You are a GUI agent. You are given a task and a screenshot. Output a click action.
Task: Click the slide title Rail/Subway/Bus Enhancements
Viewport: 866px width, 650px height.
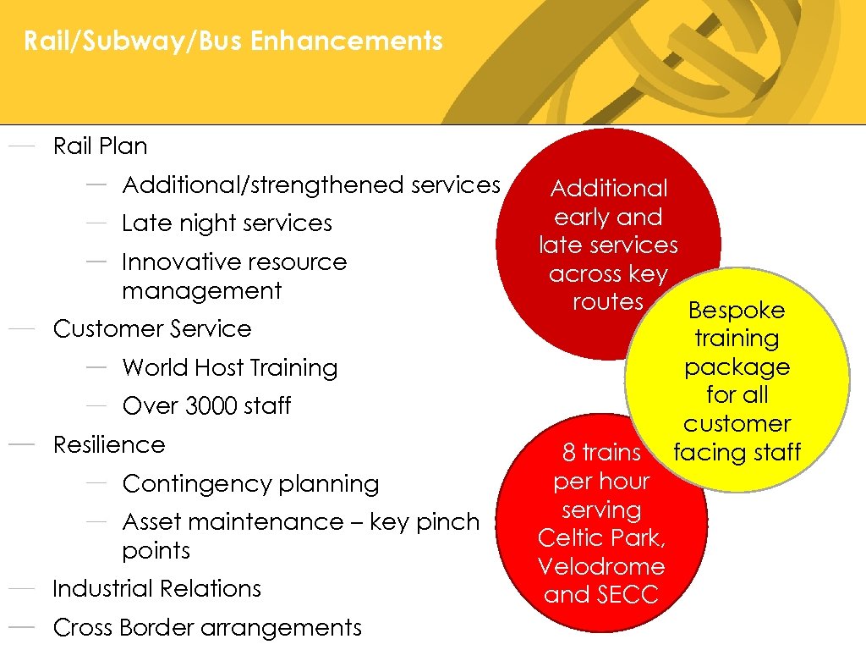pos(233,41)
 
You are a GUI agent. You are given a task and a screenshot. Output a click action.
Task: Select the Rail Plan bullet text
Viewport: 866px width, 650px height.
pos(100,146)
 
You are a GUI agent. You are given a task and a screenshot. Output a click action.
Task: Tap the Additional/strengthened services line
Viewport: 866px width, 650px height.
pos(311,185)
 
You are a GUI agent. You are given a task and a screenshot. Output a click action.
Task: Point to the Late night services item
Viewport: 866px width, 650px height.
pos(227,223)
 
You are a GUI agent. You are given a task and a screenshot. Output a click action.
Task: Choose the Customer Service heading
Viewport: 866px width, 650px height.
pos(152,328)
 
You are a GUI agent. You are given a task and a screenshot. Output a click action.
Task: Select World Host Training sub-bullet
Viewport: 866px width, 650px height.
pos(229,367)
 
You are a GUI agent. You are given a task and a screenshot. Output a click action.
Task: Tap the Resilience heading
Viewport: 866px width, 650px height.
pos(109,444)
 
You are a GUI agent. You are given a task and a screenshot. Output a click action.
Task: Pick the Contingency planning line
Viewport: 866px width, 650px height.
pos(250,484)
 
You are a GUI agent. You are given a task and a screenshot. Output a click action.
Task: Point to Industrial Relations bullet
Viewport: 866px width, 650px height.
pos(156,588)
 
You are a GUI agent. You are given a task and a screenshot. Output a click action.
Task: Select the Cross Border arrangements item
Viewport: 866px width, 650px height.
pos(207,627)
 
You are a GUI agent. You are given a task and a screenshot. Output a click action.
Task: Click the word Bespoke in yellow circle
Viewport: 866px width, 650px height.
pos(736,310)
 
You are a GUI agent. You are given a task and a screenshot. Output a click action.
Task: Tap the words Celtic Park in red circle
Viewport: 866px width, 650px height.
pos(600,538)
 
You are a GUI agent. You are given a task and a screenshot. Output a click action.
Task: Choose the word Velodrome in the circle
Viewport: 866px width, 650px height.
pos(601,566)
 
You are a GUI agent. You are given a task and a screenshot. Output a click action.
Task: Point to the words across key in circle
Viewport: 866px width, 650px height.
pos(608,274)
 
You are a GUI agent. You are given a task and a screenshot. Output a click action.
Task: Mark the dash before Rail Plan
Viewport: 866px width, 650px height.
pos(21,146)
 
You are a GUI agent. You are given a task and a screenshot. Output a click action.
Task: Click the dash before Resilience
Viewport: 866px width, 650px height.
pos(21,444)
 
